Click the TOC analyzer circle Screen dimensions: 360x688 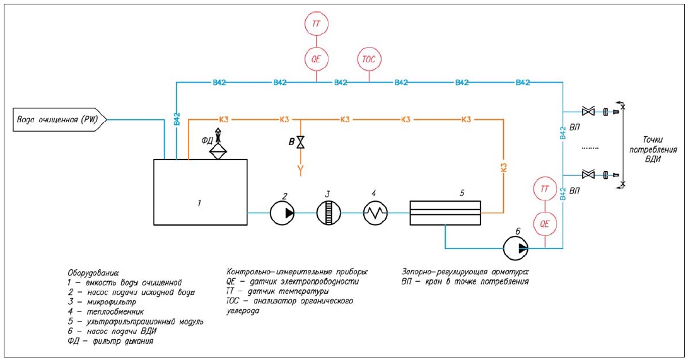[x=369, y=59]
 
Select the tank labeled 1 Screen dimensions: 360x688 [x=201, y=192]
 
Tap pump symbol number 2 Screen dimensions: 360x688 [x=282, y=213]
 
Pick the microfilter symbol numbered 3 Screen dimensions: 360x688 [x=328, y=213]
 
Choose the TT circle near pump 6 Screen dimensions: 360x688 [x=544, y=190]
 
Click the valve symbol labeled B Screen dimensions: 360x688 [x=301, y=142]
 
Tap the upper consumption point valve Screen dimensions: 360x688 [x=588, y=112]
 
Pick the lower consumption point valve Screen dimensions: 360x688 [x=588, y=174]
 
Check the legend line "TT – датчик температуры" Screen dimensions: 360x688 [x=277, y=292]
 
